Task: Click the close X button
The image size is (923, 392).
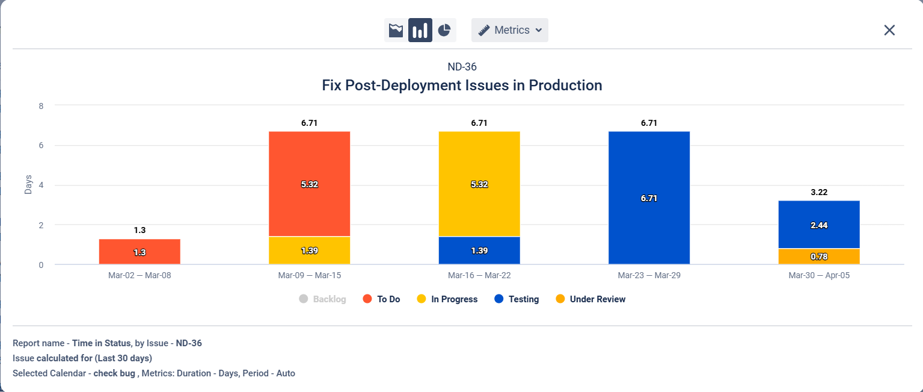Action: [x=889, y=30]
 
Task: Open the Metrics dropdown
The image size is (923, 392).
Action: [x=510, y=30]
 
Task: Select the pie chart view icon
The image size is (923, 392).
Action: [x=444, y=30]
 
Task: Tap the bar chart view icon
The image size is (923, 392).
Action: [x=420, y=30]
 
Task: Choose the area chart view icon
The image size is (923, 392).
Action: [x=396, y=30]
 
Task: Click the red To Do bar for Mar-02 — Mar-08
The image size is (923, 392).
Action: [x=140, y=252]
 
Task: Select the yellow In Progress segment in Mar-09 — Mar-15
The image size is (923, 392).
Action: [x=309, y=250]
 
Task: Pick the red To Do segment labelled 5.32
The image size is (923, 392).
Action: [x=309, y=184]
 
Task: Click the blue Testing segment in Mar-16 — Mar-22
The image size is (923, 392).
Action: [x=479, y=250]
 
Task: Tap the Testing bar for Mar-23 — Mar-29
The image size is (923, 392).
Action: [x=649, y=198]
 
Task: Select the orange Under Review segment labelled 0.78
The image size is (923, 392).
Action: [x=818, y=257]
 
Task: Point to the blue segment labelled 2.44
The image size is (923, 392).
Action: [x=818, y=224]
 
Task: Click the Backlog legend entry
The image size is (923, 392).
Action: [x=322, y=299]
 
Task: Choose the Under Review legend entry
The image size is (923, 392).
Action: [x=590, y=299]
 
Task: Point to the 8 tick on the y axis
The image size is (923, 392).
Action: [x=41, y=105]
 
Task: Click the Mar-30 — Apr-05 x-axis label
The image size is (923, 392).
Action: [x=818, y=275]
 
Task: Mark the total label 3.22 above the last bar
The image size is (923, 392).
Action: [x=818, y=193]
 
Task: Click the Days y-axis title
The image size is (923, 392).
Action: [x=28, y=185]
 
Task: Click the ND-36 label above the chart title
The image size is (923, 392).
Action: [x=462, y=67]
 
